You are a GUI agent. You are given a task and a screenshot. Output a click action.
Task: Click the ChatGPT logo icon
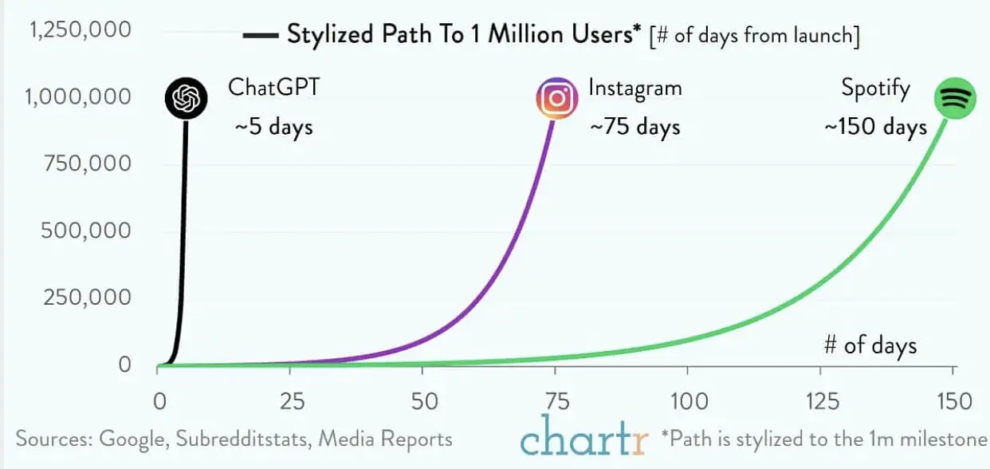coord(186,98)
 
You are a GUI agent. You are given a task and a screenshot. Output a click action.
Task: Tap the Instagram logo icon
coord(557,98)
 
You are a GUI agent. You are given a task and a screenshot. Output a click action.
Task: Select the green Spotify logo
coord(955,98)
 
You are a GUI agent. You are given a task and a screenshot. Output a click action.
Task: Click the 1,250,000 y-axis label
coord(81,30)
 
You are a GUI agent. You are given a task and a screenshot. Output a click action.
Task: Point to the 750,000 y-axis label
coord(88,164)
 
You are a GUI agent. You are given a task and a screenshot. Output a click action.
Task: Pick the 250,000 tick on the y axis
coord(87,297)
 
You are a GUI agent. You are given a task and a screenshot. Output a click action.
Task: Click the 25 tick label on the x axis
coord(293,402)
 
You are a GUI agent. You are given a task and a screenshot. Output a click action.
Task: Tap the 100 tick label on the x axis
coord(689,402)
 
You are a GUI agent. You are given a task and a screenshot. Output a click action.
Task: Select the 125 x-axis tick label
coord(822,402)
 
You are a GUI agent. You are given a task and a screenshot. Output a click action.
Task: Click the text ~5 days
coord(274,128)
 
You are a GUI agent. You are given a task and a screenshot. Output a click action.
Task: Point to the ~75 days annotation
coord(635,128)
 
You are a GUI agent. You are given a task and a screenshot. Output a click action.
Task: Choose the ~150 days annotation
coord(875,128)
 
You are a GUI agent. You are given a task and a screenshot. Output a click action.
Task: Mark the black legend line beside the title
coord(261,35)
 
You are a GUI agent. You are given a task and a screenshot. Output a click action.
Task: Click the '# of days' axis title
coord(870,346)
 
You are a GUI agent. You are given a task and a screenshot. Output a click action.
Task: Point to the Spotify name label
coord(875,89)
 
